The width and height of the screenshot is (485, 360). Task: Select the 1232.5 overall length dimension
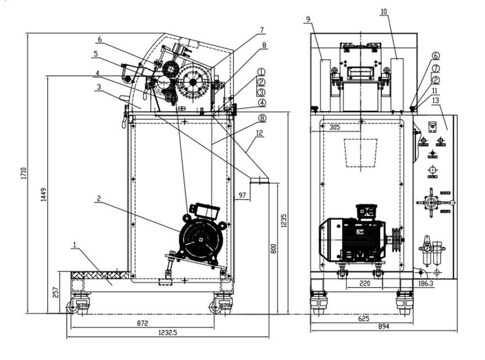pyautogui.click(x=167, y=333)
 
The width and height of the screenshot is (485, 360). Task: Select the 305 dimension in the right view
pyautogui.click(x=334, y=127)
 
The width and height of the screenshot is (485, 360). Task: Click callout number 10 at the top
pyautogui.click(x=384, y=11)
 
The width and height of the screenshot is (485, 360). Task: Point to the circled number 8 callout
pyautogui.click(x=262, y=118)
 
